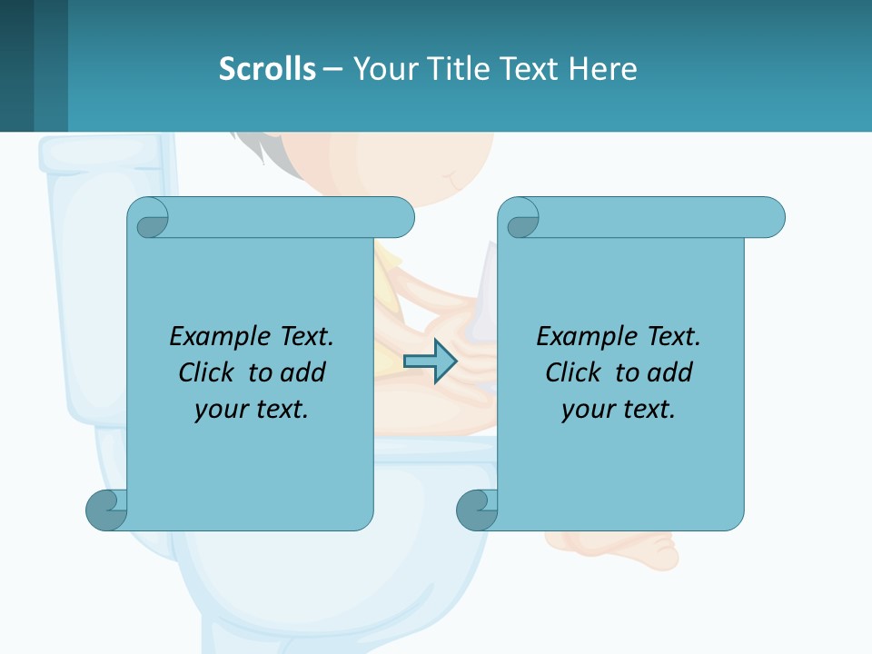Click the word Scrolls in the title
click(267, 69)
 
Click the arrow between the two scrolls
click(430, 362)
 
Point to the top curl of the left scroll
click(148, 219)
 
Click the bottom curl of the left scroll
click(106, 510)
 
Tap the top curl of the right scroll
click(520, 219)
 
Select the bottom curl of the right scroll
click(477, 510)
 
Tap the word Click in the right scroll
click(571, 372)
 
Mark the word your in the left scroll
click(219, 410)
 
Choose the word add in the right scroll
click(667, 372)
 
